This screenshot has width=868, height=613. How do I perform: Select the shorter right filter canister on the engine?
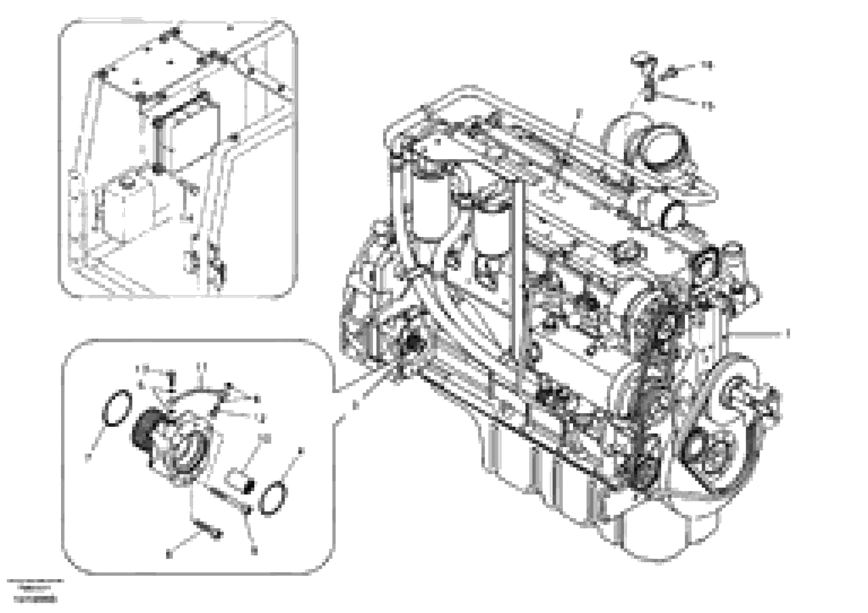click(x=491, y=231)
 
